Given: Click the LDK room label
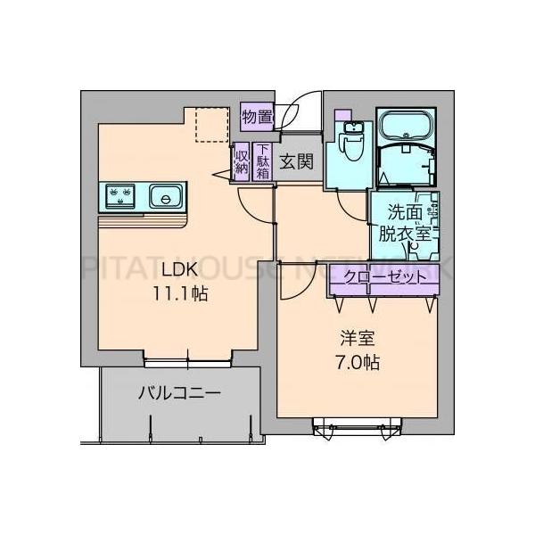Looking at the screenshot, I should tap(180, 270).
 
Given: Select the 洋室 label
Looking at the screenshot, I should tap(358, 339).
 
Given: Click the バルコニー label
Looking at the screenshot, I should tap(178, 393).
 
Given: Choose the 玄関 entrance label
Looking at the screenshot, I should tap(295, 161).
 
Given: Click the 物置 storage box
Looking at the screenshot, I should tap(257, 115).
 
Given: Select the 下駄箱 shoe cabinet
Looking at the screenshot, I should tap(263, 162).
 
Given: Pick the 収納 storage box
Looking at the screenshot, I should tap(242, 162).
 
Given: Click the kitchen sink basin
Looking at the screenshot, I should tap(165, 194).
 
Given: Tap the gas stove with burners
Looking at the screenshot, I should tap(120, 194).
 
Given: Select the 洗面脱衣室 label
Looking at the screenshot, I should tap(409, 223).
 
